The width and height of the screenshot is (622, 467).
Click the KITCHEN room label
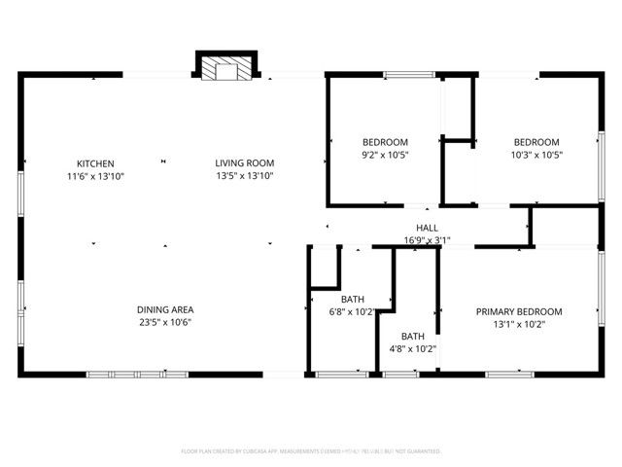coord(96,163)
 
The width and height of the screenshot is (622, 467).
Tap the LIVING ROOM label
coord(245,163)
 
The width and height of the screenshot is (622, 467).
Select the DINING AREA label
coord(164,309)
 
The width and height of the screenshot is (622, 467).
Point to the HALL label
coord(428,228)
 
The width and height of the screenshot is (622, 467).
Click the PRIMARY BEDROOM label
coord(519,312)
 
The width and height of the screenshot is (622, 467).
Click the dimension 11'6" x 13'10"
coord(96,176)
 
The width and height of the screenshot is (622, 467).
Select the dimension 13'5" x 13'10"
coord(245,176)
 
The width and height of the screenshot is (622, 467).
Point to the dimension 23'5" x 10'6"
coord(164,322)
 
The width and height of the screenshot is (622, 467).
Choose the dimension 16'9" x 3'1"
coord(428,240)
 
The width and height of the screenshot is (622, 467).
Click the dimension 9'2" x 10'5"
coord(385,154)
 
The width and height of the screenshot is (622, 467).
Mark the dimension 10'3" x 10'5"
coord(536,154)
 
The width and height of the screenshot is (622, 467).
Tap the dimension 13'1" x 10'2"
coord(519,325)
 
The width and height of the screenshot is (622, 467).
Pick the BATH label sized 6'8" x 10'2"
coord(352,299)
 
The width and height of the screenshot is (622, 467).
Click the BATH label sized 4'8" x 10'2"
coord(412,336)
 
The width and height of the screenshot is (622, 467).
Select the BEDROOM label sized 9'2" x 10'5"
coord(385,141)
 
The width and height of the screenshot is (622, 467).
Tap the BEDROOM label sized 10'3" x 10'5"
coord(536,141)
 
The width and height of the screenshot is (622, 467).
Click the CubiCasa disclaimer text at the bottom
coord(311,451)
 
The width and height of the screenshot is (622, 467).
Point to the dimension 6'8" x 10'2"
coord(352,311)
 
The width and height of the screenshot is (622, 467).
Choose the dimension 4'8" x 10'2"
coord(412,348)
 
